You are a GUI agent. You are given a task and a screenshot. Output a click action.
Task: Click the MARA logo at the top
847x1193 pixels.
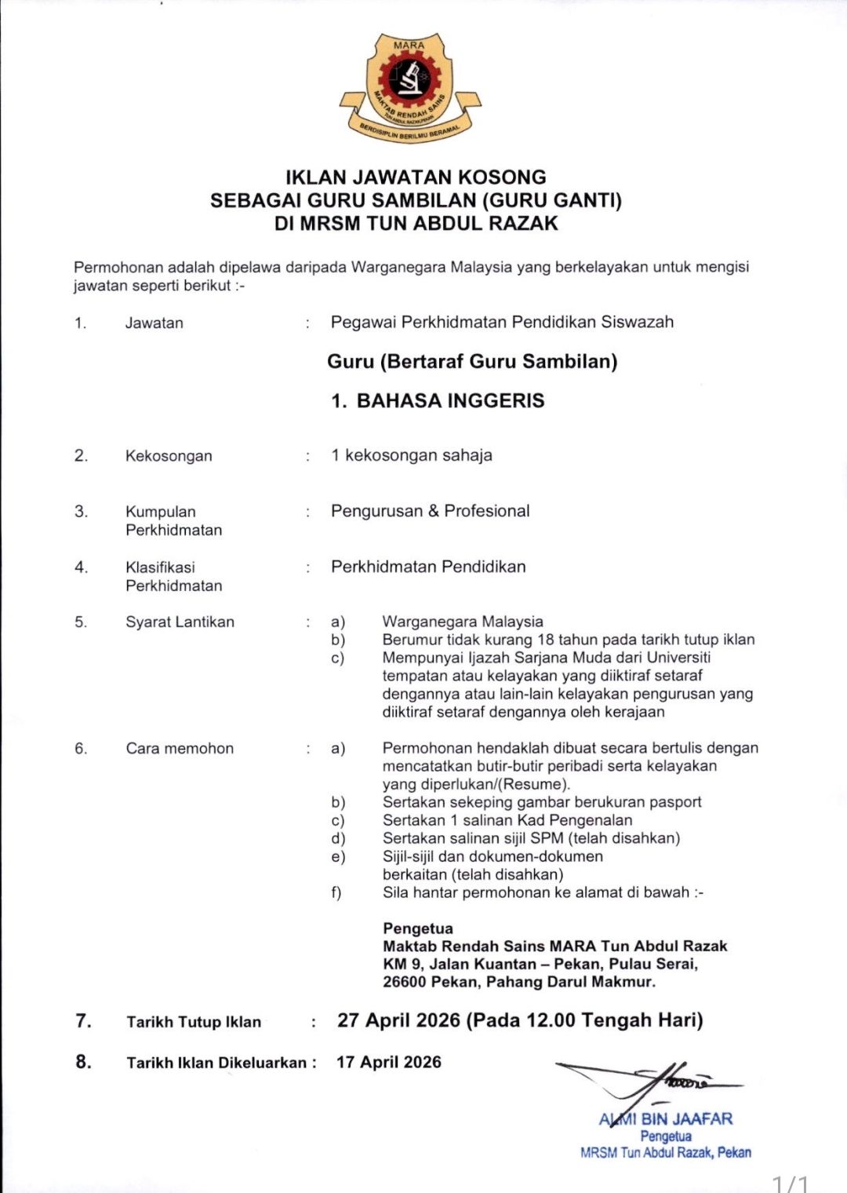[x=409, y=87]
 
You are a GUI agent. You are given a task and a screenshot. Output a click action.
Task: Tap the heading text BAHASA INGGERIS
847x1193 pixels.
[x=450, y=401]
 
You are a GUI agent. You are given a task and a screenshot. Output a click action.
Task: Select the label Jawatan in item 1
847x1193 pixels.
[x=154, y=323]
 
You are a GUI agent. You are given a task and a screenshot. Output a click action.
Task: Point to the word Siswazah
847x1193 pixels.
[x=637, y=322]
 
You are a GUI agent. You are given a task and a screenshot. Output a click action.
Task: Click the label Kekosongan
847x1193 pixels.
[x=169, y=456]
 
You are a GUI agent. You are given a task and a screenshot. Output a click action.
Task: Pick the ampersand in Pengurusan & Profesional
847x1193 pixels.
[x=434, y=512]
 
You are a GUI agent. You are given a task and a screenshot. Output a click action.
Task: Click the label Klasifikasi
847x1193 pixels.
[x=160, y=567]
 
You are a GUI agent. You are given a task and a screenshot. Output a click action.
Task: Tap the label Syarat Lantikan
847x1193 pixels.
[x=180, y=622]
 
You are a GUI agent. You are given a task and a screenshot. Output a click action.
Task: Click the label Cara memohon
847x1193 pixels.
[x=180, y=749]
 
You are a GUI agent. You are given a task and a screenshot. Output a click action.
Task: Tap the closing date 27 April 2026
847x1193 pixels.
[x=398, y=1020]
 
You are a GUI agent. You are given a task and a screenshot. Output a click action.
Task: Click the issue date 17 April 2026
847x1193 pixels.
[x=389, y=1062]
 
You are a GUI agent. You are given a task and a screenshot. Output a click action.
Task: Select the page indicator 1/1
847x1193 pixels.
[x=790, y=1182]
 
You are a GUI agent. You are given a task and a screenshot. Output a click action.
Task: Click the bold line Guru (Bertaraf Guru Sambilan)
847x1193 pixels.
[x=472, y=362]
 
